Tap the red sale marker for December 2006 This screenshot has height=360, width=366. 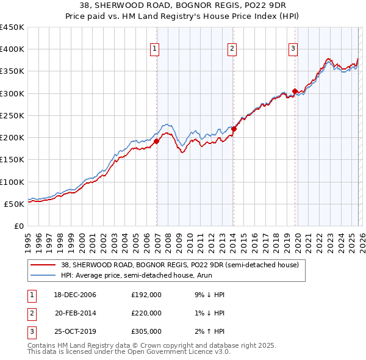coord(156,141)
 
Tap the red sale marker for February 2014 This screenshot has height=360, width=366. coord(234,129)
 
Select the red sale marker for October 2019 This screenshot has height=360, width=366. coord(295,92)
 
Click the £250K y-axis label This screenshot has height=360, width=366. coord(12,115)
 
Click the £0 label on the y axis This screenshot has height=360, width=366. coord(18,226)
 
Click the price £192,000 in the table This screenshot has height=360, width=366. coord(146,295)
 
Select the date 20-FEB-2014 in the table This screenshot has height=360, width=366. coord(76,313)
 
